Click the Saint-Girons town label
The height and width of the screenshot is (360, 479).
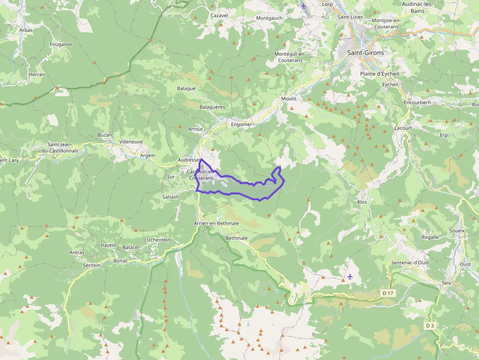point(365,52)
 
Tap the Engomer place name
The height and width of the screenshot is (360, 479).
point(241,124)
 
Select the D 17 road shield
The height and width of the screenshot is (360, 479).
point(388,293)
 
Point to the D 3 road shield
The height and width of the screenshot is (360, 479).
point(430,325)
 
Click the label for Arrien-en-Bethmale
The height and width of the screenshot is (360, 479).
point(216,223)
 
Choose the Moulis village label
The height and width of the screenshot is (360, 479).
point(288,98)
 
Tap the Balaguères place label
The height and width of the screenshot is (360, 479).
point(212,106)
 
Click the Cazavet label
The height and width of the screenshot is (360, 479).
point(219,16)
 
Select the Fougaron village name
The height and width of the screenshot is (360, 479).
point(61,44)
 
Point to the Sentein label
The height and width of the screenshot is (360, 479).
point(91,265)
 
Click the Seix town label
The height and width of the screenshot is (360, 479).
point(447,283)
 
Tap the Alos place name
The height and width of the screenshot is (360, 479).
point(362,201)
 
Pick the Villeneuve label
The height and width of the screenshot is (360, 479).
point(131,142)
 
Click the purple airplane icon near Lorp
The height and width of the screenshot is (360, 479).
point(304,6)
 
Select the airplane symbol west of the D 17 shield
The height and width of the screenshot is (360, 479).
point(350,276)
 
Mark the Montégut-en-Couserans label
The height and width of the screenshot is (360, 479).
point(289,57)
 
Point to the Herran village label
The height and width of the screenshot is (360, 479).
point(37,75)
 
